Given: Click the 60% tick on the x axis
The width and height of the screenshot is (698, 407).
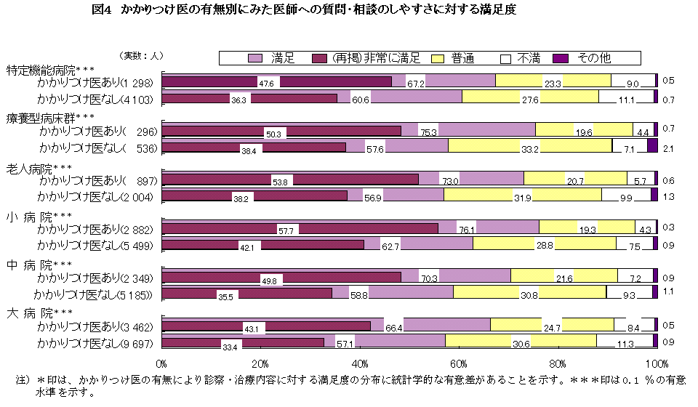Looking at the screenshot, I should point(459,363).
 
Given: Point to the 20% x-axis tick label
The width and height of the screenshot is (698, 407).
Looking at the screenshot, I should point(260,363).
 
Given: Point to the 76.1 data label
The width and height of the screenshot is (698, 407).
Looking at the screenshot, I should point(466,230).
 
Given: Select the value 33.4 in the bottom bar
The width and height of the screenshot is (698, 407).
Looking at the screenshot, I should point(230,347).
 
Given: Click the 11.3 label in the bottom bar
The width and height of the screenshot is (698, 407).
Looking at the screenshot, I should point(625,345).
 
